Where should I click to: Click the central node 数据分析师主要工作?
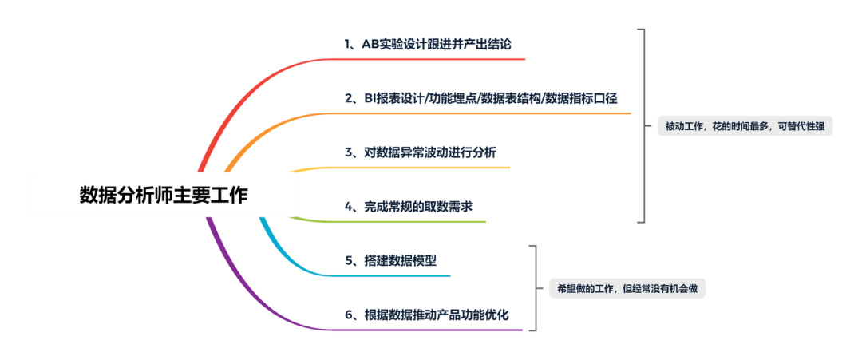coord(164,195)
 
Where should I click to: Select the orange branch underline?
coord(479,113)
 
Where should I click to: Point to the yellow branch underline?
coord(415,168)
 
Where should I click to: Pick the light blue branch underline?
coord(391,275)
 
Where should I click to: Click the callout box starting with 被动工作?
coord(745,126)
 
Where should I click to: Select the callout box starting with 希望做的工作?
coord(627,289)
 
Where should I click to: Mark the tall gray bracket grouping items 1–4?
coord(643,126)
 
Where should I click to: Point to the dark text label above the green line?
coord(408,205)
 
